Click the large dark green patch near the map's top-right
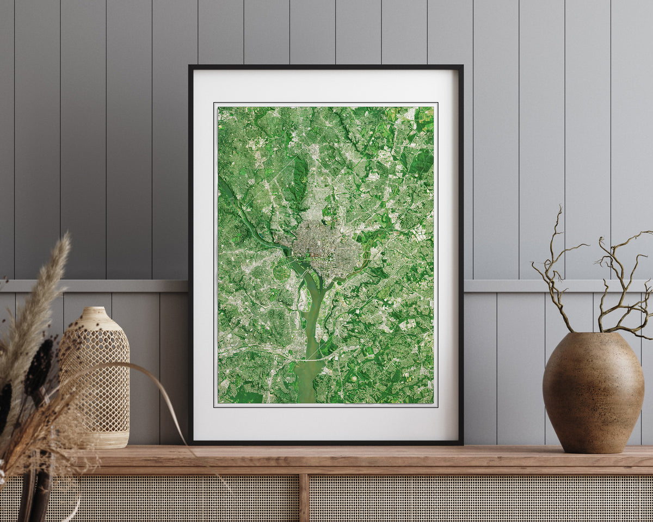423,160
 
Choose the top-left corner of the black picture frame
190,67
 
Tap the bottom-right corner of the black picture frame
461,443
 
